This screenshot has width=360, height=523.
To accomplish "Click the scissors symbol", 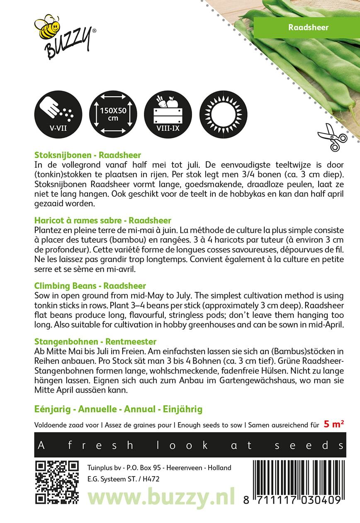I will pos(332,137).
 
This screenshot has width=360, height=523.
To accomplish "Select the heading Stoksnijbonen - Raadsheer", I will pos(88,154).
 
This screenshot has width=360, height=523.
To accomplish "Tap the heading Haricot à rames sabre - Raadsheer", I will pos(103,220).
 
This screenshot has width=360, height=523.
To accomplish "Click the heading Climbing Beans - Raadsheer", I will pos(90,286).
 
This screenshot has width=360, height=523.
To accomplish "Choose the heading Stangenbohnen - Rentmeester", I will pos(95,342).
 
